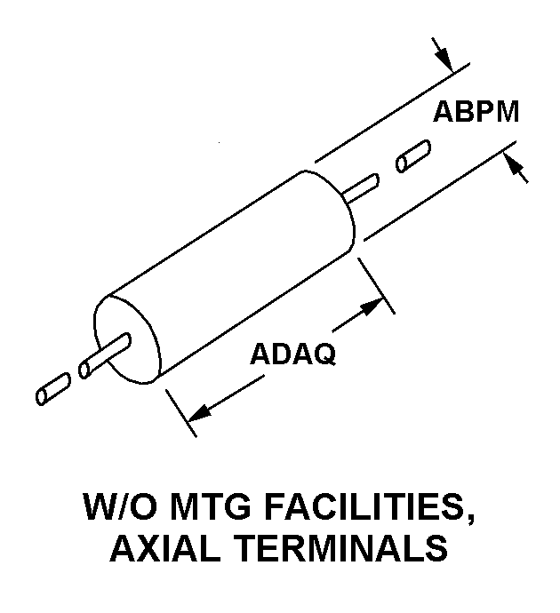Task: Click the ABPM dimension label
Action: (476, 112)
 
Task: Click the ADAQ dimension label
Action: (293, 354)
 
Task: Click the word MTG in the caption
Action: (211, 506)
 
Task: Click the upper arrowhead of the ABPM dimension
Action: (445, 60)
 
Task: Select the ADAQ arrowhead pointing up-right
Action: (371, 306)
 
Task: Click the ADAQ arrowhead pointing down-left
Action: (200, 413)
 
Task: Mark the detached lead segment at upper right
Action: (413, 156)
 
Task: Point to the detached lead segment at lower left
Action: (53, 388)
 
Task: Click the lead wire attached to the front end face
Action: (105, 355)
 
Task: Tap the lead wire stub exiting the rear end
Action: (362, 188)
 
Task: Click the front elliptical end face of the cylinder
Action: (127, 339)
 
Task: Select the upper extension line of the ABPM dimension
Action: (392, 112)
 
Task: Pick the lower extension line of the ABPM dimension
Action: (440, 191)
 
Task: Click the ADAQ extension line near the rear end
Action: (376, 285)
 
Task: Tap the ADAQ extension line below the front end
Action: (180, 413)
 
